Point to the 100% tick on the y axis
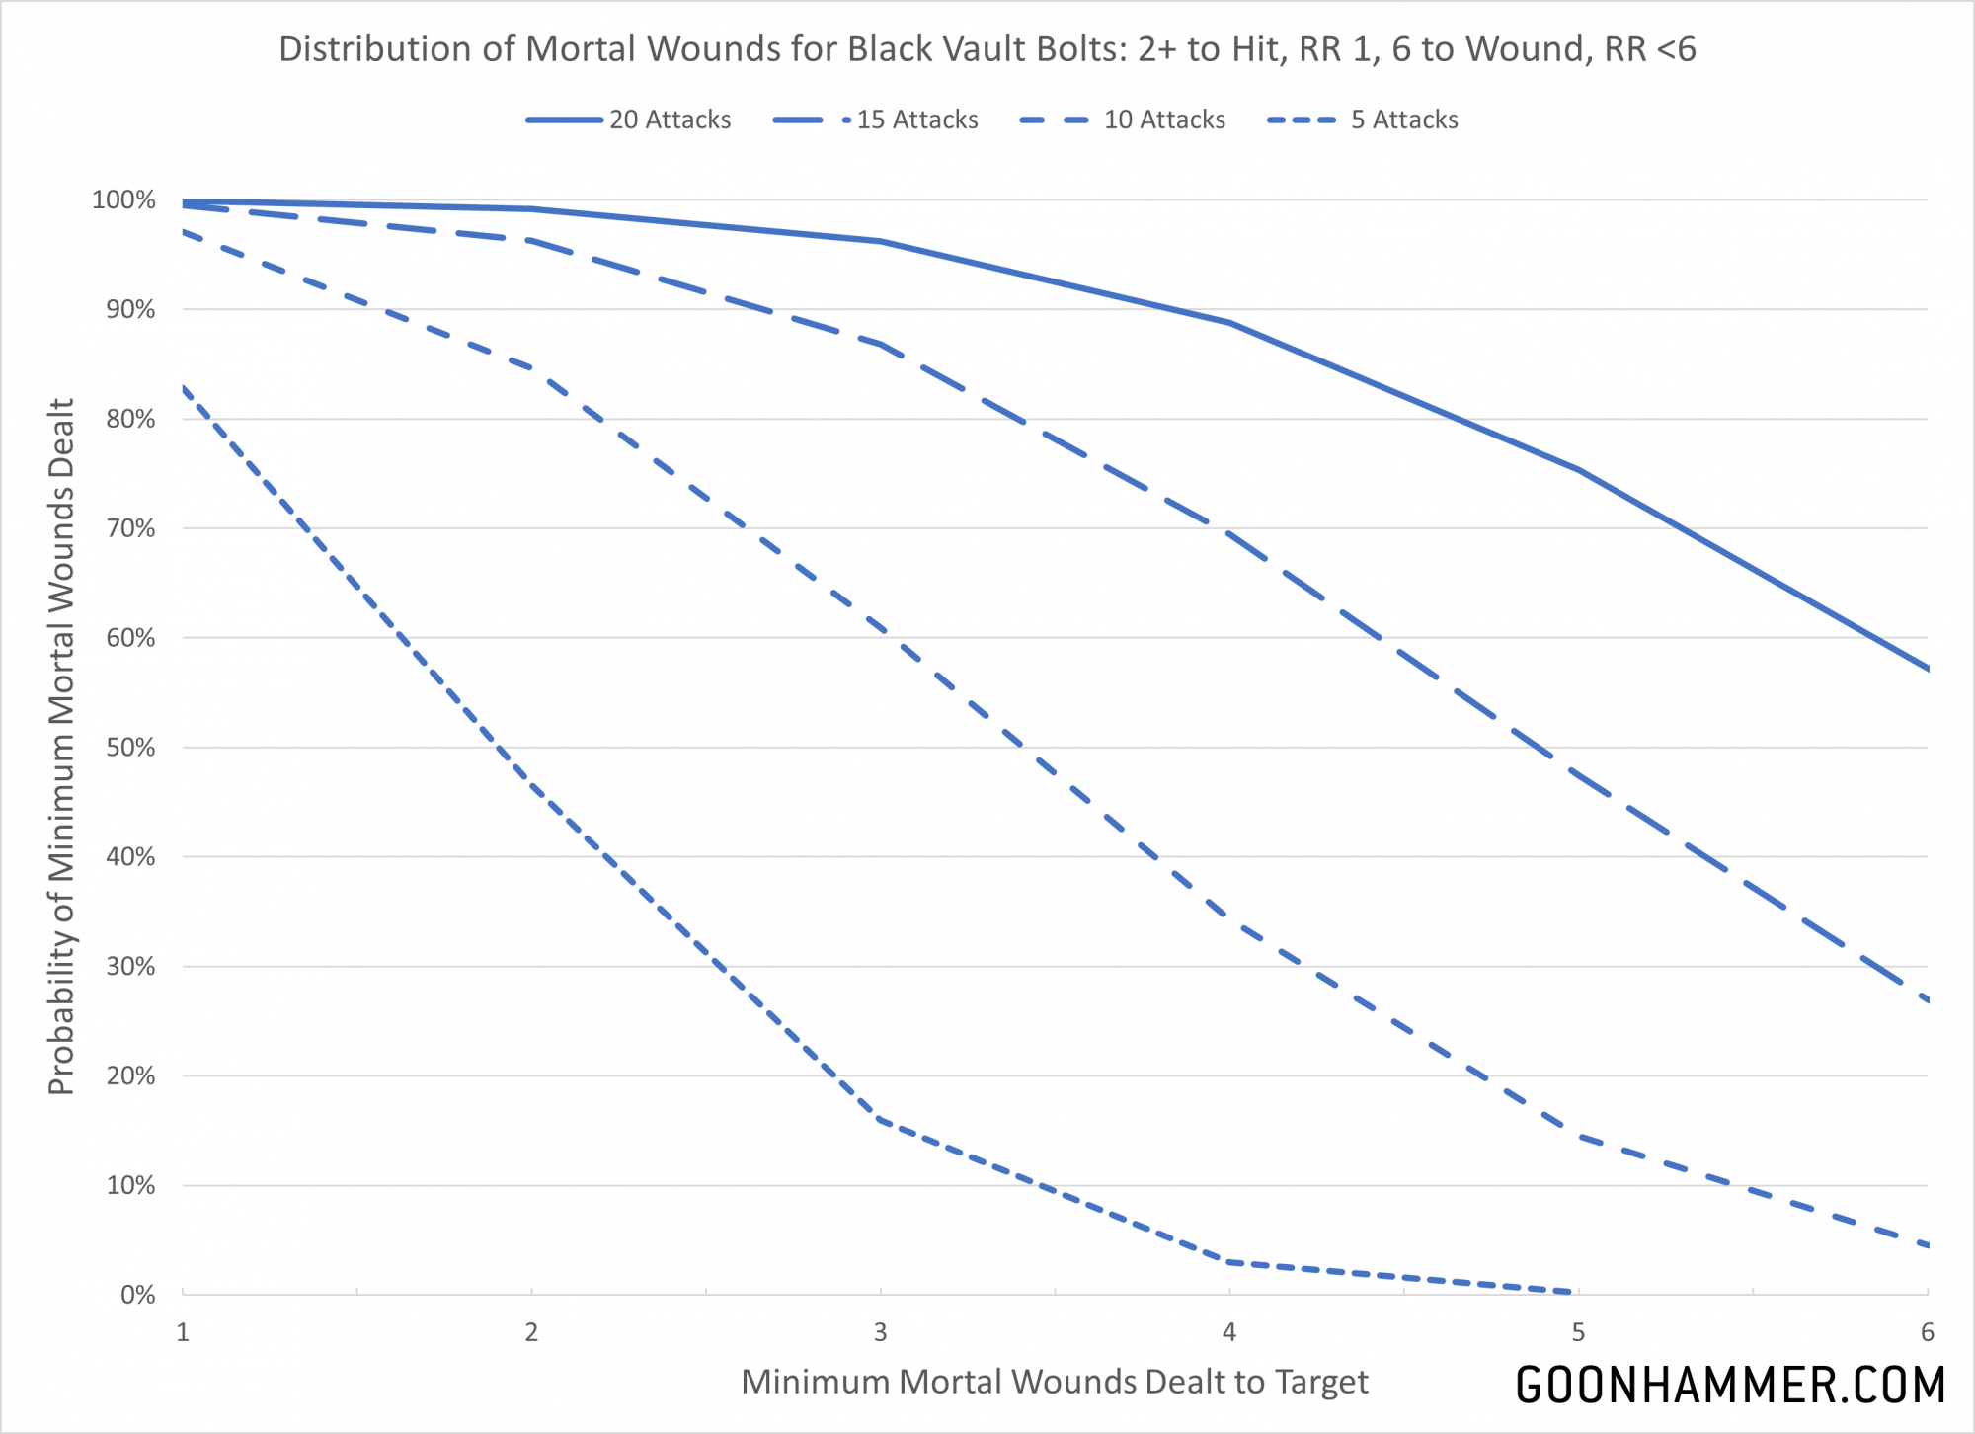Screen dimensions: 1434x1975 [124, 200]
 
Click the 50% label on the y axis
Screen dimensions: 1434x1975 [130, 748]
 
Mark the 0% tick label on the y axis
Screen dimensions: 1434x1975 [137, 1295]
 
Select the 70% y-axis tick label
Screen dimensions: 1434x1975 [130, 528]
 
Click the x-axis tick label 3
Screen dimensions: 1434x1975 [880, 1332]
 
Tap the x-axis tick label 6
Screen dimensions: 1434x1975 [1927, 1332]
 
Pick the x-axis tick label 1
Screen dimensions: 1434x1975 [183, 1332]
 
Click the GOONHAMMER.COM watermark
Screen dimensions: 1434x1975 [1730, 1385]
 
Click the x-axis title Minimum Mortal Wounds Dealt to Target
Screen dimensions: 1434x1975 [1055, 1382]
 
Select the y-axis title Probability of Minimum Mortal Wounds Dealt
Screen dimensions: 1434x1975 [61, 747]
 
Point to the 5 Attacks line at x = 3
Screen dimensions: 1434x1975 [880, 1120]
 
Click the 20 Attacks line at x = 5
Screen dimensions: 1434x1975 [1578, 470]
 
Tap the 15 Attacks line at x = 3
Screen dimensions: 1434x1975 [880, 344]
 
